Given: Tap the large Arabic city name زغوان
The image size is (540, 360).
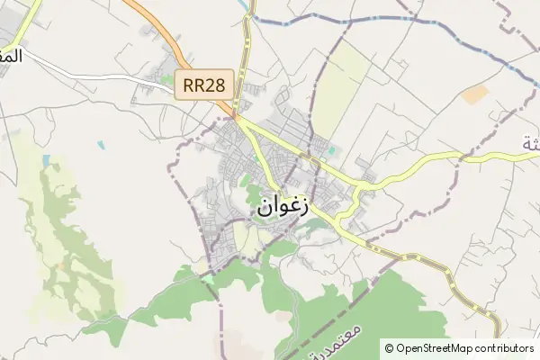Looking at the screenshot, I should pyautogui.click(x=283, y=205).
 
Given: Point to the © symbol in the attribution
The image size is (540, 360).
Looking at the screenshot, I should pyautogui.click(x=389, y=348).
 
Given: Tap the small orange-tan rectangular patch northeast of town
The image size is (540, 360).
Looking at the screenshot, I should pyautogui.click(x=475, y=93).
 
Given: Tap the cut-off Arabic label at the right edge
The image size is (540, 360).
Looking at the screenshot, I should pyautogui.click(x=532, y=142).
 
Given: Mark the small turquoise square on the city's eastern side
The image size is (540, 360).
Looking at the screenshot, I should pyautogui.click(x=331, y=150).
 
